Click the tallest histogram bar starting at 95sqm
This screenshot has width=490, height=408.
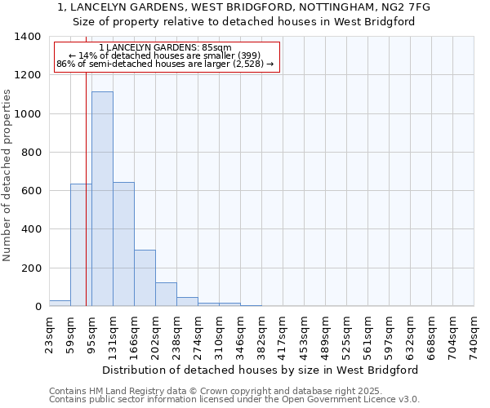[102, 199]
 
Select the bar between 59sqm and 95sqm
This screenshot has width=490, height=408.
[81, 245]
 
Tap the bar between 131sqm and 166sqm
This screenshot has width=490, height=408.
[123, 244]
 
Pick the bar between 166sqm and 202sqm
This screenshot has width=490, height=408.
[145, 278]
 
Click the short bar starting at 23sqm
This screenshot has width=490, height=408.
[60, 304]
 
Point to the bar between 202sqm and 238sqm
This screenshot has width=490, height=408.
[166, 295]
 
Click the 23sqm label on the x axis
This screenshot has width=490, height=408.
[49, 333]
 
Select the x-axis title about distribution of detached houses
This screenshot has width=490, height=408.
[261, 370]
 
